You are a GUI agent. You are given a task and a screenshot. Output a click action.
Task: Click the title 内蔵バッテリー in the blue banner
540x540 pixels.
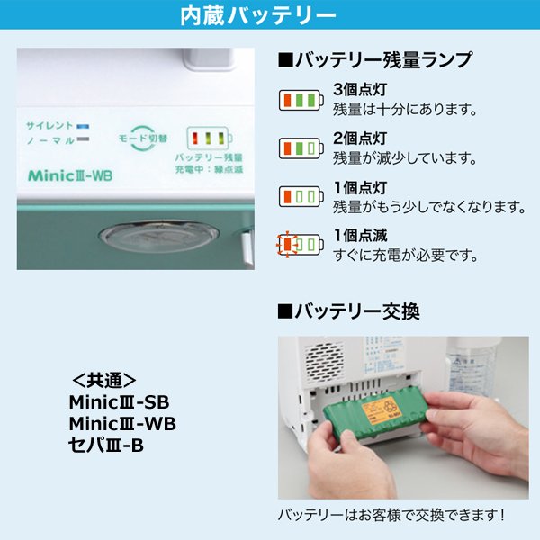[270, 16]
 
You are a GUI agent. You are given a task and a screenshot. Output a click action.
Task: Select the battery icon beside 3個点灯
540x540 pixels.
[298, 100]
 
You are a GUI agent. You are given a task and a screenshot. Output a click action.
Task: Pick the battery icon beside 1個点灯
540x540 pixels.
[298, 195]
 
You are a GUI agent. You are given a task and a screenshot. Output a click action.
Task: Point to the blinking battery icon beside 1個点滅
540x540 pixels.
[298, 244]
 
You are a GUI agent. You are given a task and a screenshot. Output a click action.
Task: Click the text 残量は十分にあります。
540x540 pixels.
[404, 110]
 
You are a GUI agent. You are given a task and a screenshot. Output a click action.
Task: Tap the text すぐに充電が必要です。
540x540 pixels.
[404, 256]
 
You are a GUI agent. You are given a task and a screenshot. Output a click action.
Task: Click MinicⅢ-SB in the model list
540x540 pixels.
[118, 401]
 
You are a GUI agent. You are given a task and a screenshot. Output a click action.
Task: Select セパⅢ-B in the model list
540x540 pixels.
[105, 443]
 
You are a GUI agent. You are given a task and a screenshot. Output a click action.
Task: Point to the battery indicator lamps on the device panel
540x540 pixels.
[208, 138]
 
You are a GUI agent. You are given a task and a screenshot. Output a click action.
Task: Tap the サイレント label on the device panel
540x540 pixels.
[49, 125]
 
